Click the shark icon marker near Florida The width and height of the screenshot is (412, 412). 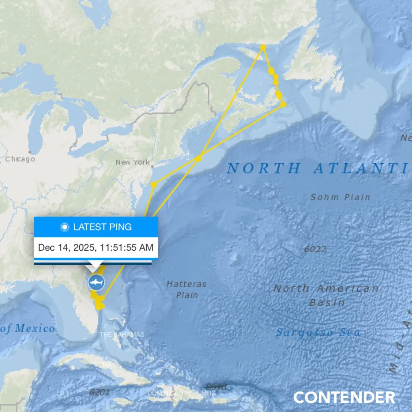pos(96,282)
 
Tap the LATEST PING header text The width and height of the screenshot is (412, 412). pos(102,227)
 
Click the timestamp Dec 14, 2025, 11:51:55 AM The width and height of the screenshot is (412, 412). pos(96,247)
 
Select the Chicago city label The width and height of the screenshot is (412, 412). pos(20,159)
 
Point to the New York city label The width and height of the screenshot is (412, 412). pos(132,163)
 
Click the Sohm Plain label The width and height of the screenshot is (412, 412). pos(340,197)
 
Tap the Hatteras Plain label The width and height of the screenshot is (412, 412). pos(187,289)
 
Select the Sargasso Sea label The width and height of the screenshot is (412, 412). pos(318,333)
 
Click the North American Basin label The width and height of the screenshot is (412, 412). pos(326,295)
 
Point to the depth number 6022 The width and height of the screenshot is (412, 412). pos(315,249)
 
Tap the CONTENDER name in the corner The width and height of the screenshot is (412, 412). pos(344,398)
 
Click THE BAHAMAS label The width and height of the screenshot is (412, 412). pos(122,335)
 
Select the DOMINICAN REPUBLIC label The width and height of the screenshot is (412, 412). pos(181,393)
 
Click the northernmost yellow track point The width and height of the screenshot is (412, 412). pos(263,47)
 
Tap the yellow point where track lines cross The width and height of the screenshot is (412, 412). pos(199,158)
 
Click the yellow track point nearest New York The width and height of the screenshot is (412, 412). pos(154,185)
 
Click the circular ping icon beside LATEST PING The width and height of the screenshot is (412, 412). pos(64,227)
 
